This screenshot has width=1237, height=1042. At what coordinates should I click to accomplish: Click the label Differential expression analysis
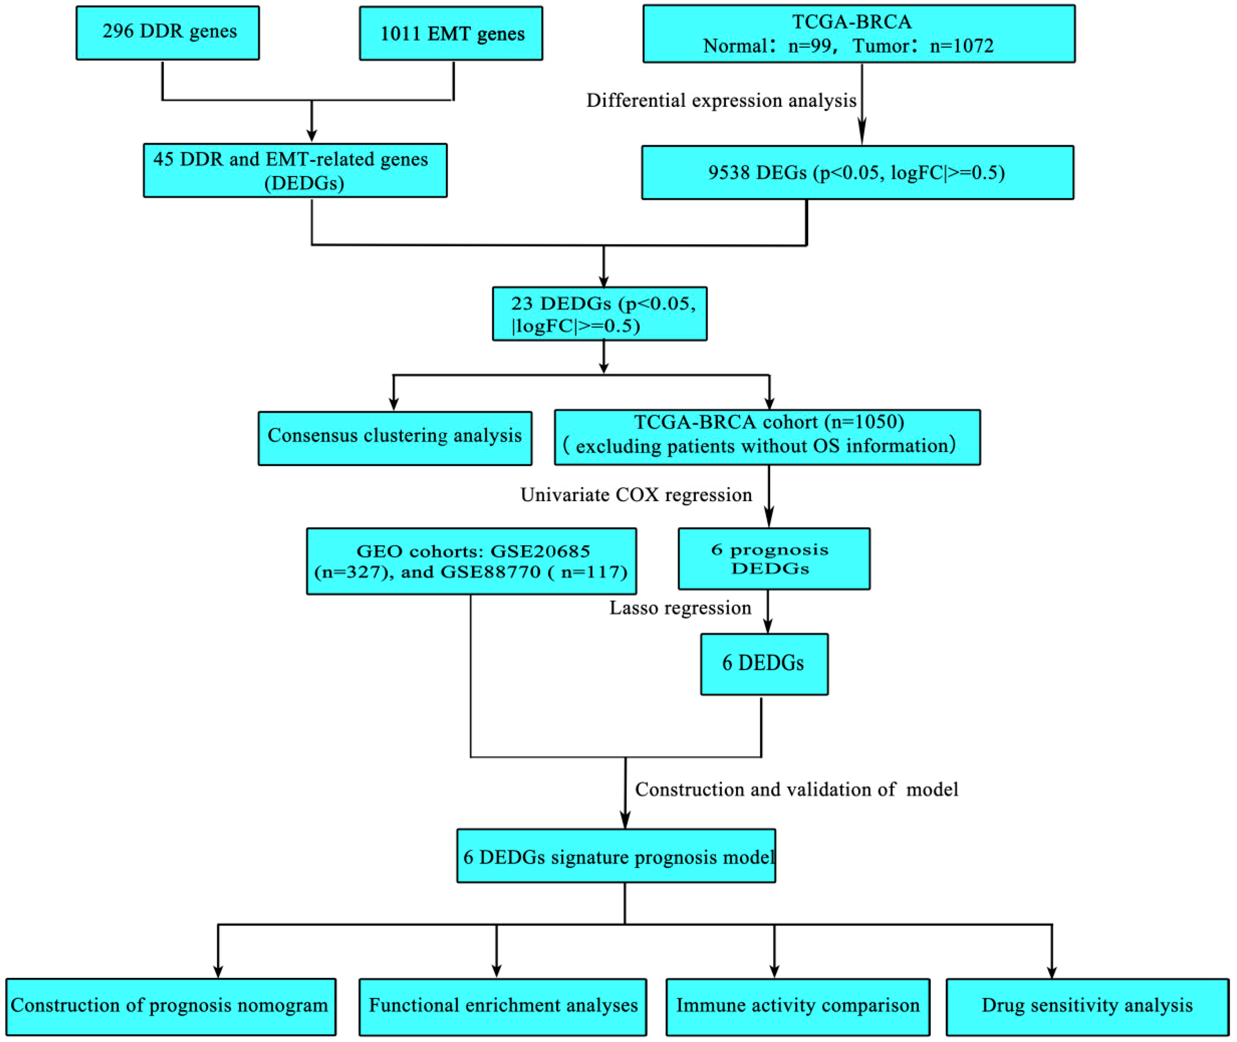coord(721,101)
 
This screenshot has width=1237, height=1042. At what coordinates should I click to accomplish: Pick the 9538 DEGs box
coord(857,172)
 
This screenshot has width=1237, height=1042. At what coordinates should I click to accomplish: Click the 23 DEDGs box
coord(600,314)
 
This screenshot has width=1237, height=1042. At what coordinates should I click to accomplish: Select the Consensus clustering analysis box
coord(395,438)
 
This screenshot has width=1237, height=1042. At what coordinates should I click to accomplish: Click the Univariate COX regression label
coord(636,494)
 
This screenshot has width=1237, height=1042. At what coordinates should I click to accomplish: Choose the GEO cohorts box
coord(471,561)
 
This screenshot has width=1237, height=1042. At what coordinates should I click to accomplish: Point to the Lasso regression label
coord(680,608)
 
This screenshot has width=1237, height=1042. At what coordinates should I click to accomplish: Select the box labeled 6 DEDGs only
coord(764,664)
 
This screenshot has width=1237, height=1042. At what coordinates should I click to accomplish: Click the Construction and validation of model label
coord(796,789)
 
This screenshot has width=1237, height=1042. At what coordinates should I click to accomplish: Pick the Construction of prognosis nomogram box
coord(170,1006)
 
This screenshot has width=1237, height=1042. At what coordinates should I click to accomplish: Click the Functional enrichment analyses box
coord(503,1006)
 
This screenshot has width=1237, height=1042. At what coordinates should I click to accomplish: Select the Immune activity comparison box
coord(797,1006)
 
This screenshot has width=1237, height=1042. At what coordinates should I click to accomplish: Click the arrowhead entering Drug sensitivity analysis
coord(1051,971)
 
